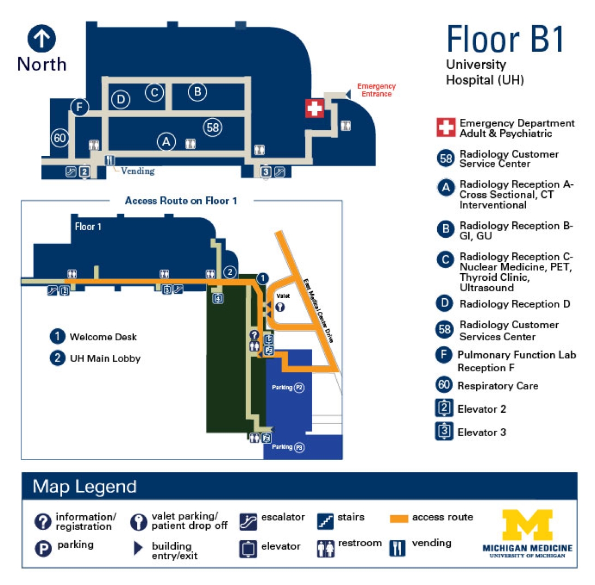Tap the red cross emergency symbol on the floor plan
click(314, 108)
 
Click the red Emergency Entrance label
click(376, 90)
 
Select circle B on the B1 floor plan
click(197, 92)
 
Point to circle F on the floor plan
click(80, 107)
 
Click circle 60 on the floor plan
click(60, 138)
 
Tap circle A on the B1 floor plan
click(166, 142)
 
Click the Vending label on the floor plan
click(138, 171)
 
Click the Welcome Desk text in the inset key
click(103, 337)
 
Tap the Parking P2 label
click(288, 388)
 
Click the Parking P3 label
click(287, 447)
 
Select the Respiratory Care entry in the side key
click(498, 386)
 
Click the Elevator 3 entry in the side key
click(481, 432)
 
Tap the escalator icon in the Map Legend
click(248, 521)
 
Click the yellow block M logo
click(527, 525)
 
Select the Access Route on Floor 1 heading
click(181, 201)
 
